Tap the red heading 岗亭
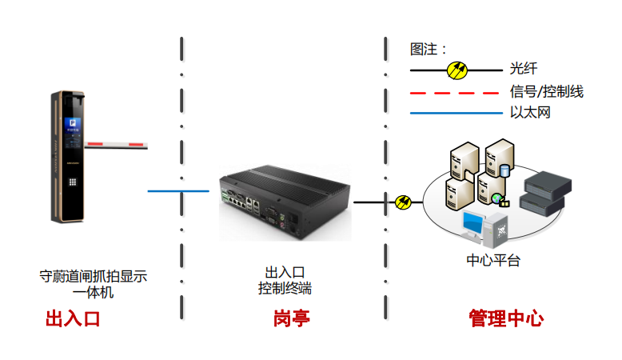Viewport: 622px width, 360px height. [x=291, y=320]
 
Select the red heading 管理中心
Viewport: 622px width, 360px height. [x=506, y=319]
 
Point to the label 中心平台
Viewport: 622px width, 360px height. [x=492, y=261]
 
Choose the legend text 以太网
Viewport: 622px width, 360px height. [x=530, y=113]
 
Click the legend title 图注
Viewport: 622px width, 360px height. [x=429, y=50]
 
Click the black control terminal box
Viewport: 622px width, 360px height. [x=284, y=201]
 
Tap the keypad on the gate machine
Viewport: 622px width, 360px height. [x=72, y=180]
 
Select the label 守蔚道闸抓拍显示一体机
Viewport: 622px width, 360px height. [x=94, y=284]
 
